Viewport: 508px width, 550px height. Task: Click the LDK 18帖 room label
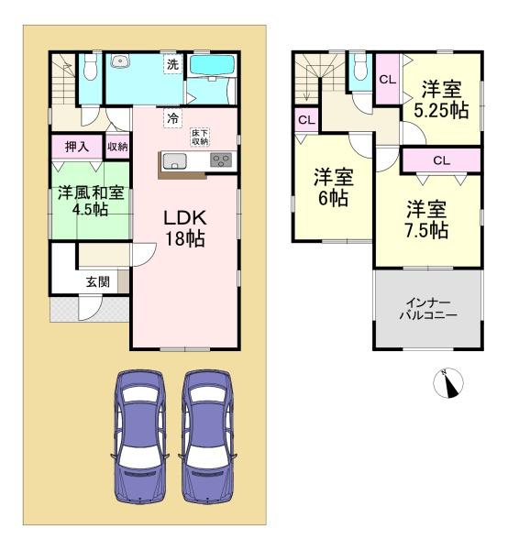(x=185, y=228)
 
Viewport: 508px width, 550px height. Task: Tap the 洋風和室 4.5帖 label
(x=91, y=201)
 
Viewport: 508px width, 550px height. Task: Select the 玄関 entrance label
(x=98, y=281)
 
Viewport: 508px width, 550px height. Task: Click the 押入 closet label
(x=77, y=147)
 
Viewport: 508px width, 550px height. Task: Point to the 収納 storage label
(x=117, y=147)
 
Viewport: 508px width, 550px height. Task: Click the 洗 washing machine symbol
(x=173, y=64)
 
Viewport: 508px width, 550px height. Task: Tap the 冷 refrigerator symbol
(x=172, y=118)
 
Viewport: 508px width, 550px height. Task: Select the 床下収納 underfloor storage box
(x=200, y=137)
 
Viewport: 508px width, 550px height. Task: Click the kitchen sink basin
(x=175, y=161)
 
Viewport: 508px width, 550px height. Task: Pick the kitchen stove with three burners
(x=221, y=159)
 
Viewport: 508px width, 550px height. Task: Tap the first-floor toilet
(x=90, y=67)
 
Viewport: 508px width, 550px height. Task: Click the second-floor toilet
(x=360, y=67)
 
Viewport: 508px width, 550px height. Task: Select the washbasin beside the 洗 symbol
(x=121, y=61)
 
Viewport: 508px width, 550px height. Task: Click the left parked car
(x=140, y=436)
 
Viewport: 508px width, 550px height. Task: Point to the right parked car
(x=207, y=436)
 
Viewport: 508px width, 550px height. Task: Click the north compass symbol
(x=448, y=383)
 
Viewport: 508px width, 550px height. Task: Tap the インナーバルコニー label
(x=428, y=310)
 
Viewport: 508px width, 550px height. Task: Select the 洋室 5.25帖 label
(x=441, y=100)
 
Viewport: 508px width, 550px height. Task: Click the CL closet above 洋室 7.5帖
(x=441, y=160)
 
